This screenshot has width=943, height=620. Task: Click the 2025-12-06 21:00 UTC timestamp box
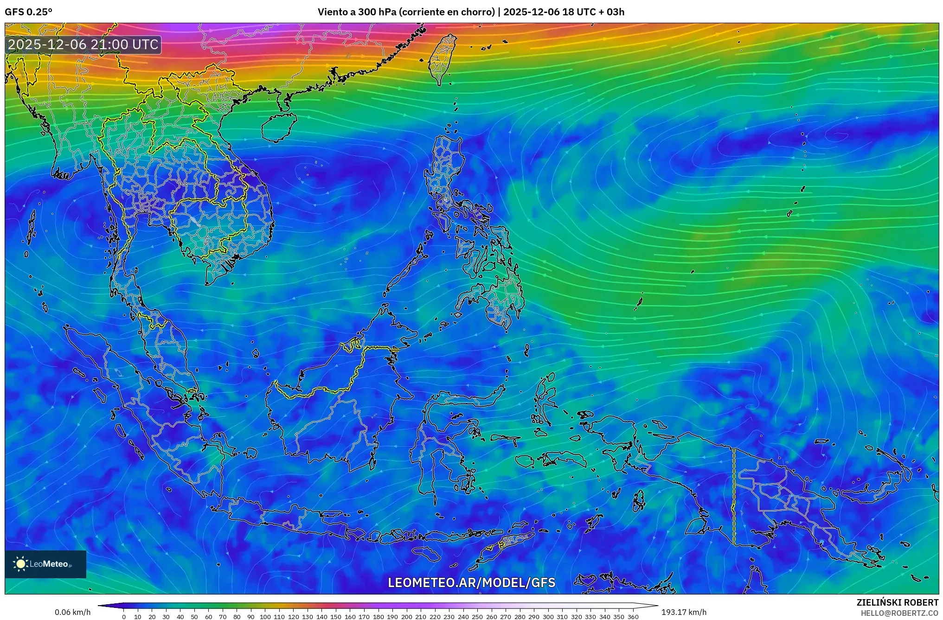pos(83,45)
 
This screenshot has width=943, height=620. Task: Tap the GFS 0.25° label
pos(28,12)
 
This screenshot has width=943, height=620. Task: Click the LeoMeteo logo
pos(45,564)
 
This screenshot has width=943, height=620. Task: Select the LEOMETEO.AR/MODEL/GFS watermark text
pos(471,582)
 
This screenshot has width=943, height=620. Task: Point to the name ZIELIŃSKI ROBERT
pos(897,602)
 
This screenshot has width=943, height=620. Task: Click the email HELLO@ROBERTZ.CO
pos(899,613)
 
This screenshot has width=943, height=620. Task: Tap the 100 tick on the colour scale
pos(265,616)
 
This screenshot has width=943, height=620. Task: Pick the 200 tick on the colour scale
pos(406,616)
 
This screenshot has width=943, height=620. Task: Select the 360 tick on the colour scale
pos(633,616)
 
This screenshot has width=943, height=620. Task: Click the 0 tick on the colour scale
pos(124,616)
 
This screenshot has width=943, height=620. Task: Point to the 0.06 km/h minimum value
pos(72,612)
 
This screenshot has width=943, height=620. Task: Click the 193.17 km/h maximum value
pos(684,612)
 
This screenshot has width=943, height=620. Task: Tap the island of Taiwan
pos(442,58)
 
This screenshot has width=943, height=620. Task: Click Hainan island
pos(279,127)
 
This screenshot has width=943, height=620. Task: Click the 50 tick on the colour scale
pos(194,616)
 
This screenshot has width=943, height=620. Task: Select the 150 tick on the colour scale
pos(336,616)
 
